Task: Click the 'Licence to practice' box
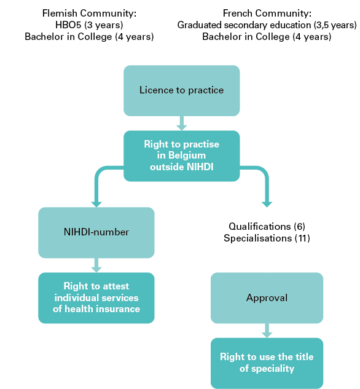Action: pyautogui.click(x=181, y=90)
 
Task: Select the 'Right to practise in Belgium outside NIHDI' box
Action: pyautogui.click(x=181, y=156)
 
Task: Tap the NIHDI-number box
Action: pyautogui.click(x=96, y=232)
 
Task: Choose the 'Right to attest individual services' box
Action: pyautogui.click(x=96, y=297)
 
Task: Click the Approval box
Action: pyautogui.click(x=267, y=297)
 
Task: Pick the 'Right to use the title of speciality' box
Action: pyautogui.click(x=267, y=363)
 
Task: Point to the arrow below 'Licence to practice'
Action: pyautogui.click(x=181, y=124)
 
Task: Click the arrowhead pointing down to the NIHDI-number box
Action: pyautogui.click(x=96, y=203)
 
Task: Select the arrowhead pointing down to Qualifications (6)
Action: pyautogui.click(x=267, y=203)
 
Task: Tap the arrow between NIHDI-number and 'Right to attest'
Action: pyautogui.click(x=96, y=265)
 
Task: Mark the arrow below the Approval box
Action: pyautogui.click(x=267, y=331)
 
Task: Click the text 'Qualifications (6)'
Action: pyautogui.click(x=267, y=226)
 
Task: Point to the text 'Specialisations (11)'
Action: pyautogui.click(x=267, y=238)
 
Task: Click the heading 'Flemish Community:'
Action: pyautogui.click(x=89, y=13)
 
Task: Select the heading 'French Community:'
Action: pyautogui.click(x=267, y=13)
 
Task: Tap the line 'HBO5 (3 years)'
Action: pyautogui.click(x=89, y=25)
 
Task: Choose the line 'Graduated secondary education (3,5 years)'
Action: pyautogui.click(x=267, y=25)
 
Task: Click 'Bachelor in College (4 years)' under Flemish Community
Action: pyautogui.click(x=89, y=37)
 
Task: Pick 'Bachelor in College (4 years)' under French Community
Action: pyautogui.click(x=267, y=37)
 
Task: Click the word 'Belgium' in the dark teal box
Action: pyautogui.click(x=187, y=155)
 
